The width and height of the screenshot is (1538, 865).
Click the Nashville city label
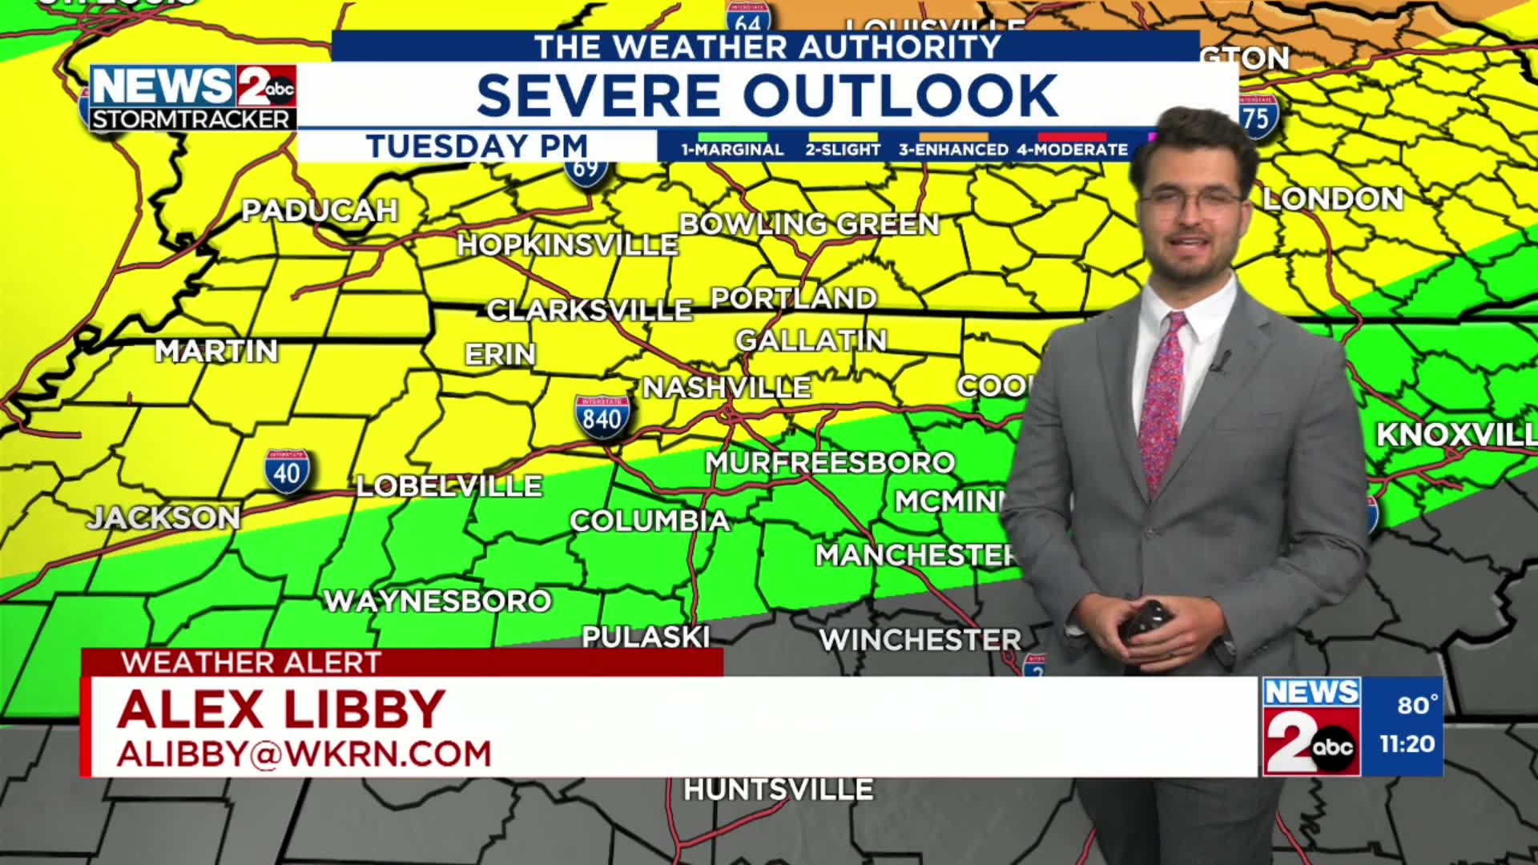(727, 388)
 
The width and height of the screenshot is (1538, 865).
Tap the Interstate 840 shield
(602, 417)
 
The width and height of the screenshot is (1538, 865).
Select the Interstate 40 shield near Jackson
(287, 472)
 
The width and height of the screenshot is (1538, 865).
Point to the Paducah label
(320, 211)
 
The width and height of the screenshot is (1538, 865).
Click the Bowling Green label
(809, 224)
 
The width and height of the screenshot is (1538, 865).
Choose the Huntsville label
(778, 790)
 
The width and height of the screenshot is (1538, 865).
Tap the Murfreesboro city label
(830, 462)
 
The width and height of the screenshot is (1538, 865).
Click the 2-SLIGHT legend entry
(843, 149)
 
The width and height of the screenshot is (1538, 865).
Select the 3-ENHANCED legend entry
(953, 149)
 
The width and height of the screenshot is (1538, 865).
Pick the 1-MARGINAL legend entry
(732, 149)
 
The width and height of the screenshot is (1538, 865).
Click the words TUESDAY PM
(477, 147)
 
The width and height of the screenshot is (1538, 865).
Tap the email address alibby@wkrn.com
(304, 754)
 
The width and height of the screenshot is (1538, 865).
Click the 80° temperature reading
(1417, 705)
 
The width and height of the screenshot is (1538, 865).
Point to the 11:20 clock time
(1407, 744)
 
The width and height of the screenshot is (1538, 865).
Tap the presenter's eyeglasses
(1192, 203)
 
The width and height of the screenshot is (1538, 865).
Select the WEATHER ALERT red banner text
(252, 662)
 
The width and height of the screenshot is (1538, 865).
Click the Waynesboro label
(437, 601)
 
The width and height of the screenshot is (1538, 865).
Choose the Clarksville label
(589, 310)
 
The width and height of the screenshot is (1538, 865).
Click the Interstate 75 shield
(1255, 119)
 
